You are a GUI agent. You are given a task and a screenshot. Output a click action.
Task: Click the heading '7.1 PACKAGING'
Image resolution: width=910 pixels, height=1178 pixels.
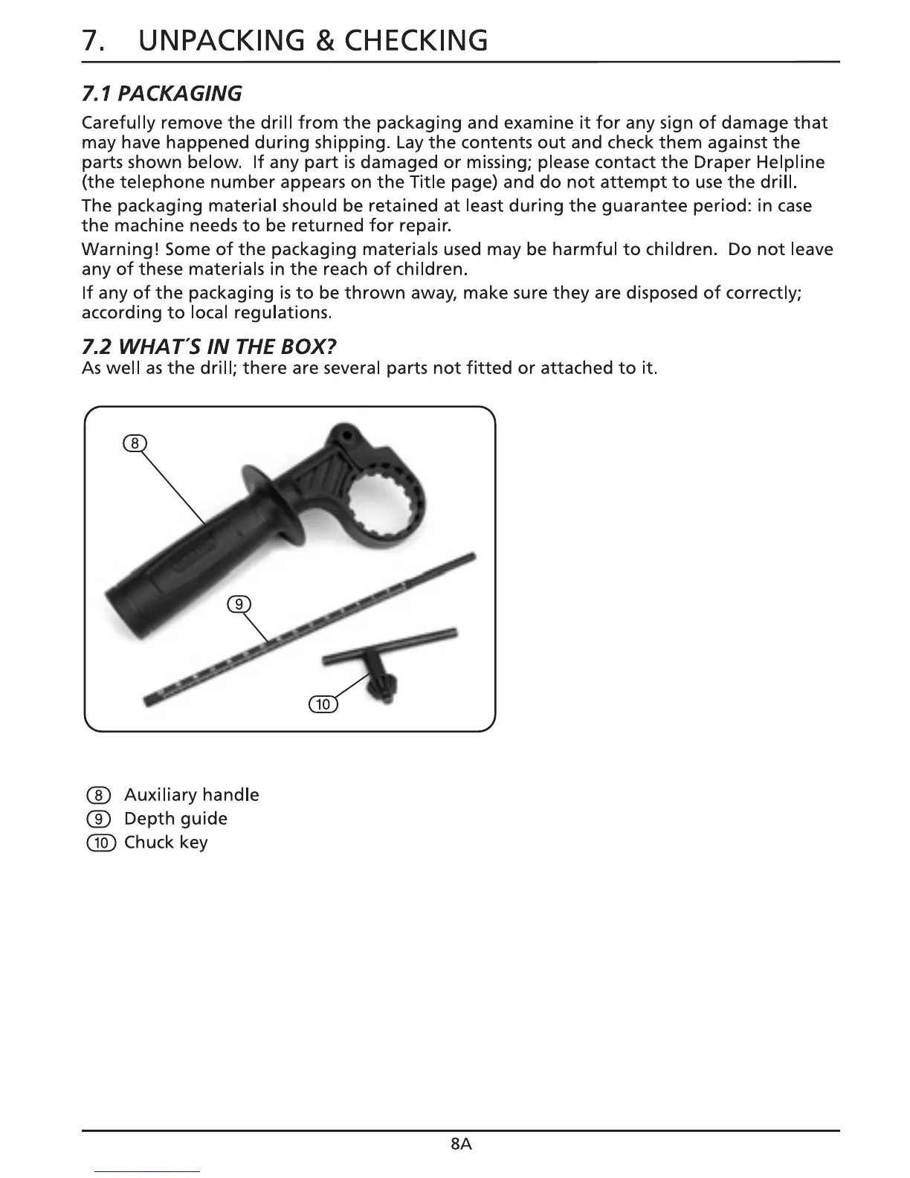click(x=161, y=93)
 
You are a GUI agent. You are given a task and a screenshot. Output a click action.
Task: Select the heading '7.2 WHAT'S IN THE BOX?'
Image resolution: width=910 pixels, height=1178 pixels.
click(x=209, y=347)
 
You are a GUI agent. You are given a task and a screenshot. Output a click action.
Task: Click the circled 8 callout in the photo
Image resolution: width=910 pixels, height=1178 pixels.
click(x=134, y=444)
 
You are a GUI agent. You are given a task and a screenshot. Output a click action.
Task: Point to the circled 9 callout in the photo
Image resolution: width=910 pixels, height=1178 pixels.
click(x=238, y=604)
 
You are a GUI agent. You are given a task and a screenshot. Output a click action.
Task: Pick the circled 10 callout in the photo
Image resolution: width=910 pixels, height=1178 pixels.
click(x=323, y=704)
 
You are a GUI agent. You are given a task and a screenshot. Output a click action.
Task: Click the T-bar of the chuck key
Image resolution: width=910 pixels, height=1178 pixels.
click(x=390, y=646)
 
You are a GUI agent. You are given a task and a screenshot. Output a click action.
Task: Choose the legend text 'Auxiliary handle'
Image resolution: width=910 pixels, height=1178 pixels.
click(x=191, y=795)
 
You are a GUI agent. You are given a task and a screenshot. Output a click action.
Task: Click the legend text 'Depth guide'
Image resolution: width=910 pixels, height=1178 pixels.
click(x=175, y=819)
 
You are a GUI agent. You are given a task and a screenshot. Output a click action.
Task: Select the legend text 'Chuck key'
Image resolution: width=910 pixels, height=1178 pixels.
click(x=166, y=843)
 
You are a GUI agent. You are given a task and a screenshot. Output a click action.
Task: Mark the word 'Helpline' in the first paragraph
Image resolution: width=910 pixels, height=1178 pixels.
click(x=790, y=162)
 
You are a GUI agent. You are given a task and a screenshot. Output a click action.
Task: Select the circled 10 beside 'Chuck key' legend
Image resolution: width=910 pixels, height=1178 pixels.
click(x=101, y=843)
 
